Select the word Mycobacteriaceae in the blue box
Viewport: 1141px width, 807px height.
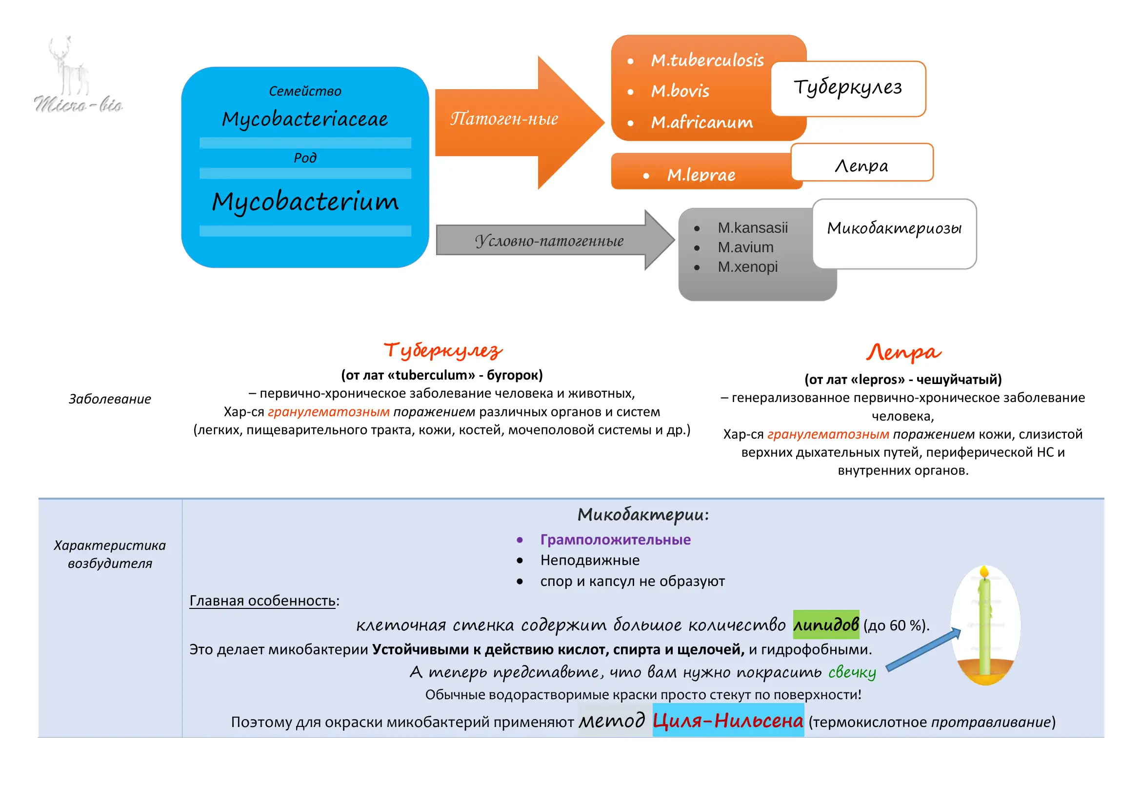[x=304, y=119]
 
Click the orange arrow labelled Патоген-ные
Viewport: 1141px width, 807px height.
[x=520, y=122]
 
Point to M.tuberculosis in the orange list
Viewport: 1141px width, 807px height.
[x=707, y=60]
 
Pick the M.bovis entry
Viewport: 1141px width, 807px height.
[x=680, y=91]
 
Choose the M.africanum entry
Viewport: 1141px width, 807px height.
[x=701, y=122]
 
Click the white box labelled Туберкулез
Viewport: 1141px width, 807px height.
[x=848, y=88]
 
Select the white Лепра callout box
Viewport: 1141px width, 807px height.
[x=861, y=162]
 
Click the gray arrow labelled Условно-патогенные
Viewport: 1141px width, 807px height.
[x=555, y=240]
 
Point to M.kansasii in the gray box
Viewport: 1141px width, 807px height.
[x=752, y=227]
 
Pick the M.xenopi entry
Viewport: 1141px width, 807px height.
[x=747, y=267]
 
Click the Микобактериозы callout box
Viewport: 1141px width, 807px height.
[x=895, y=234]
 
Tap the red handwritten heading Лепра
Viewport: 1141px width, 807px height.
[x=903, y=352]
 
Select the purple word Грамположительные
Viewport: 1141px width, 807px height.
[x=615, y=540]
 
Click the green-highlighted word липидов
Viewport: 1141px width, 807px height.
[x=826, y=624]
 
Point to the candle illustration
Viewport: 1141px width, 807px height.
[x=985, y=625]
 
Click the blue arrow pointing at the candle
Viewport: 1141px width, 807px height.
[x=923, y=650]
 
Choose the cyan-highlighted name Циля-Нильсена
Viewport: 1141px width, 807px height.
[x=728, y=720]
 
